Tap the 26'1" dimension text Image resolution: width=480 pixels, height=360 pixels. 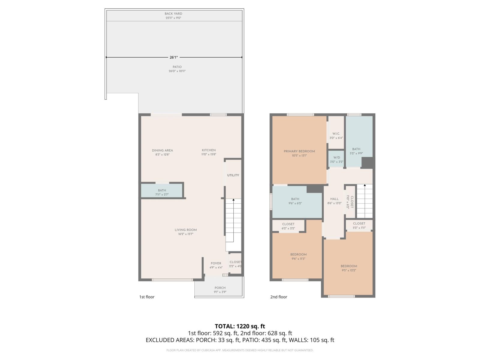174,57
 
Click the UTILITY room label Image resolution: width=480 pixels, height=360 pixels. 233,175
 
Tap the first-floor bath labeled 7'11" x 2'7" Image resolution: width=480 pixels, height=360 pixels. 162,192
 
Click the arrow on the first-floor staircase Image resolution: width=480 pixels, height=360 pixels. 233,200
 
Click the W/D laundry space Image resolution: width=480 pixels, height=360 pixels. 336,159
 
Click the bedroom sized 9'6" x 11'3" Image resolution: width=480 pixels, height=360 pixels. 298,256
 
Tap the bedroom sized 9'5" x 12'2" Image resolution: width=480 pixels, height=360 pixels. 349,268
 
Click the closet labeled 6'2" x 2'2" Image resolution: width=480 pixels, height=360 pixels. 288,226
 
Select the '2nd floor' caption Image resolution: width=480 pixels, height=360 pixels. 279,297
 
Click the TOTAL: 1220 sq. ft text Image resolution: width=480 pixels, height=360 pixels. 240,326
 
